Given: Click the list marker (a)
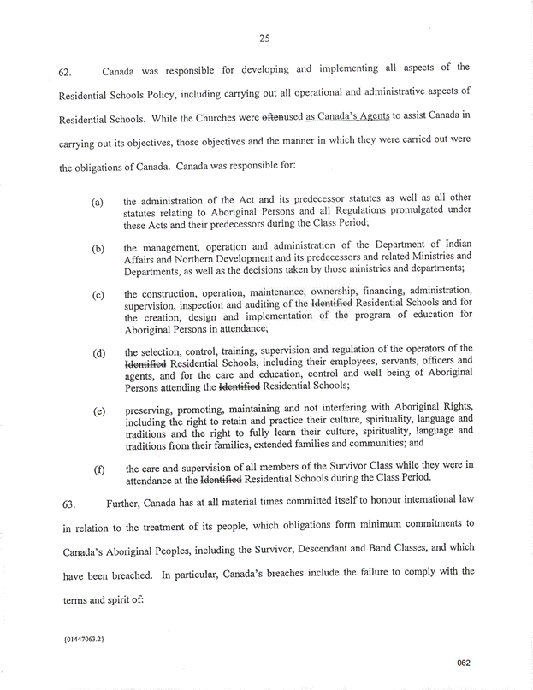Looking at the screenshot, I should coord(98,203).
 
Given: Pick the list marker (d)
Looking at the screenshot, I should coord(98,353).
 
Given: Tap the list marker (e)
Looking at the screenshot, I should coord(98,411).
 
